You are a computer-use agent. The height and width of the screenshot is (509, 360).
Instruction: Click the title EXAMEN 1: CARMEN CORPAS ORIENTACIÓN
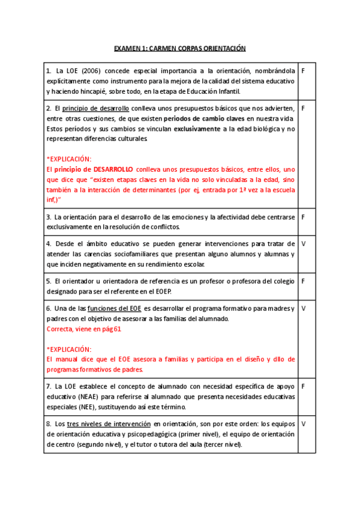coord(180,49)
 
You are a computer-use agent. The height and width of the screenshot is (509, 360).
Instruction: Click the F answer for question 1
coord(304,71)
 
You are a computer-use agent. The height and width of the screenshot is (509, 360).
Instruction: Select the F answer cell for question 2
coord(304,109)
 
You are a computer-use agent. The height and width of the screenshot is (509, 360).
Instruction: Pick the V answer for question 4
coord(304,244)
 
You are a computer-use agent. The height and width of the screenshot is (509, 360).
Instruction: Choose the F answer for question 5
coord(304,281)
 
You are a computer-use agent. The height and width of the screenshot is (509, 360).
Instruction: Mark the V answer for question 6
coord(304,309)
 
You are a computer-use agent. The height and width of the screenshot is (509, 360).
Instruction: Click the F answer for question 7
coord(304,386)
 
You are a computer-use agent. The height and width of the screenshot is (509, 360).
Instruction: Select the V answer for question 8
coord(304,423)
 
